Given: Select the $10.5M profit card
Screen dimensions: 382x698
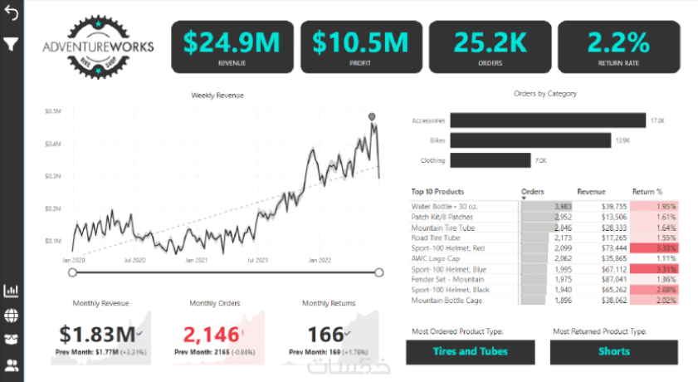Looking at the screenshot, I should [360, 47].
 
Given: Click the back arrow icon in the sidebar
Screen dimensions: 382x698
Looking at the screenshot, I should [12, 14].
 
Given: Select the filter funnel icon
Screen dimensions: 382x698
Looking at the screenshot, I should [12, 43].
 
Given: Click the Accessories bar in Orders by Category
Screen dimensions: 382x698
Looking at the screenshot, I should [548, 120].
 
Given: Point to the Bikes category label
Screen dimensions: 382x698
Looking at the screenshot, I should [437, 140].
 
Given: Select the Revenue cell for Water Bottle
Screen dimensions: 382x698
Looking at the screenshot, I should [602, 206].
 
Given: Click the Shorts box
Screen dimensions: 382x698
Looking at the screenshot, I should [614, 351].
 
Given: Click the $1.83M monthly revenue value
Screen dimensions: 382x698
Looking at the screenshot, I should [97, 335].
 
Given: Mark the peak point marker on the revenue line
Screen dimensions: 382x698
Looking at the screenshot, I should [372, 116].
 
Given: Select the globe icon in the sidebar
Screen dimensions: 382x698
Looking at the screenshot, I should [12, 316].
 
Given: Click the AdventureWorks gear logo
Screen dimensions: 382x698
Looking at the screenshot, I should [98, 47].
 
